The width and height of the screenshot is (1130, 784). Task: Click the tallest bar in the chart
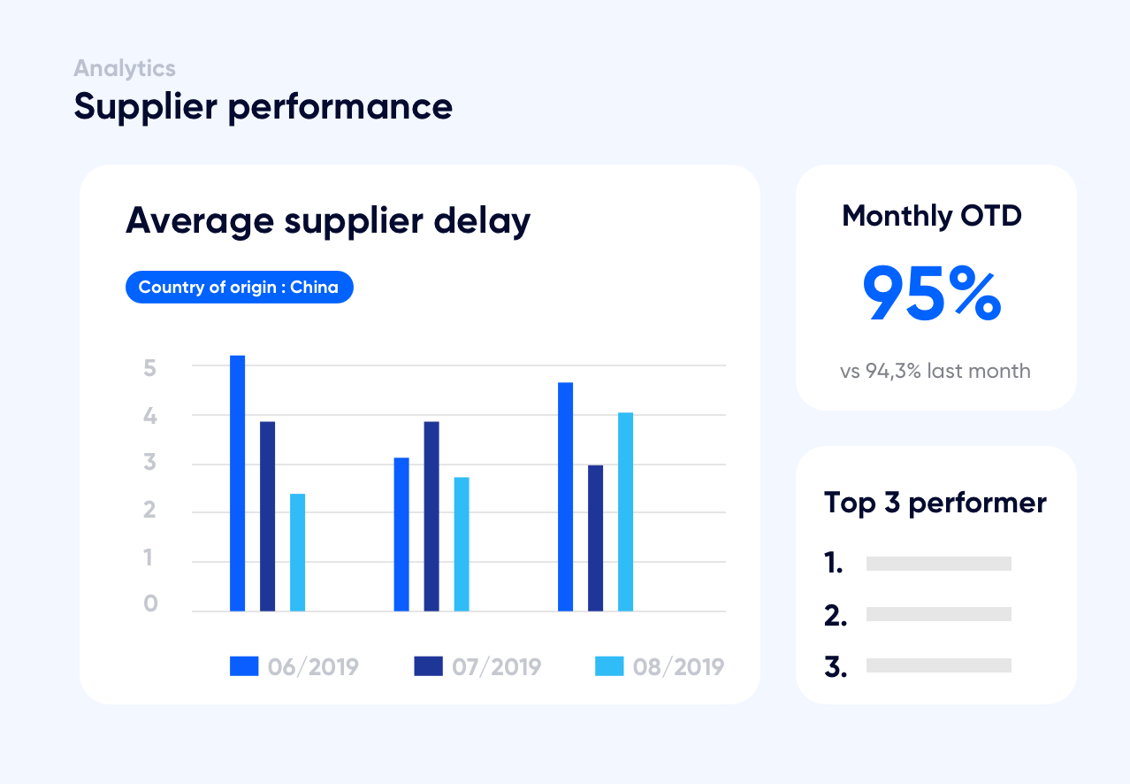pos(237,482)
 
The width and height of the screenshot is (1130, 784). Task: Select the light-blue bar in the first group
pos(297,552)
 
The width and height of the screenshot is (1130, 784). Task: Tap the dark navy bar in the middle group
pos(431,516)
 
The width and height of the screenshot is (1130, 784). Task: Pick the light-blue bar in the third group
pos(625,511)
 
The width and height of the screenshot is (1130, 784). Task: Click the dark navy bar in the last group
pos(595,538)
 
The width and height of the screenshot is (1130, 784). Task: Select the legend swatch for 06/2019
pos(244,666)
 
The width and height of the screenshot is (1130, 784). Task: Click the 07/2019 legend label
pos(496,666)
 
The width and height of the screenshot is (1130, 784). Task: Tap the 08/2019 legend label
pos(678,666)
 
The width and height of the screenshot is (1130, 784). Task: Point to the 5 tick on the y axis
pos(150,367)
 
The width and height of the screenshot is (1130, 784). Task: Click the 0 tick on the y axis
pos(150,604)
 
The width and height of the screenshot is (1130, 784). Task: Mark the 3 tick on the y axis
pos(150,463)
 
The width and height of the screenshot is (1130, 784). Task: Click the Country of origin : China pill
pos(239,288)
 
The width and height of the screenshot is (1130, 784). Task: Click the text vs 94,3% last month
pos(935,371)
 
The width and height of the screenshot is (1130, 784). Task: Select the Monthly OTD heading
pos(932,216)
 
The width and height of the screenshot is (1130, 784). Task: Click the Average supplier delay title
pos(328,219)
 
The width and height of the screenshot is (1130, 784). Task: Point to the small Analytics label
pos(125,68)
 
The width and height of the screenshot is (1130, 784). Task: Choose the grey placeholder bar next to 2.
pos(938,614)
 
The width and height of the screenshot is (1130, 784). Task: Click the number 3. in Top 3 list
pos(836,667)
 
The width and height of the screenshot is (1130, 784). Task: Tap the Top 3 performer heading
pos(935,503)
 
